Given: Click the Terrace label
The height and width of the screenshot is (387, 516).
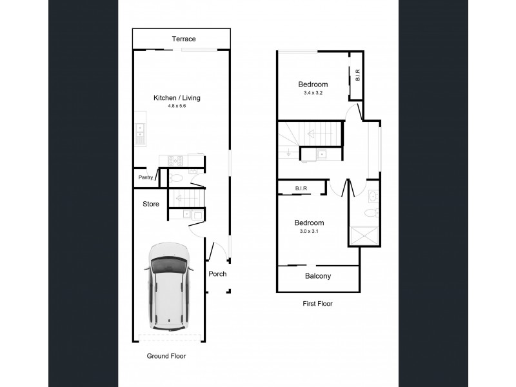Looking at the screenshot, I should click(183, 39).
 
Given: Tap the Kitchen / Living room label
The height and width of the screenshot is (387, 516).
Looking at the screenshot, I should click(177, 98).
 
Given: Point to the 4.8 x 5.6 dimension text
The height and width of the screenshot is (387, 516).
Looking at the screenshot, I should click(177, 107).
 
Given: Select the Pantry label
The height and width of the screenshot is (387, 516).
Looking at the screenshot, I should click(144, 178).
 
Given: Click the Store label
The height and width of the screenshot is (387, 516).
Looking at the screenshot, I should click(151, 204).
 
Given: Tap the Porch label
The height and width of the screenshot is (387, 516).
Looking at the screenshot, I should click(217, 274).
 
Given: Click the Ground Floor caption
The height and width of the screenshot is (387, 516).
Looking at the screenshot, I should click(166, 355).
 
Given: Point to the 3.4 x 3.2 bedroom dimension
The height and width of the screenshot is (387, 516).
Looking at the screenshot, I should click(313, 94).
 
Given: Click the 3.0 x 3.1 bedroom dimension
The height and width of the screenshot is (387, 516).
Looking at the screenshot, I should click(309, 232).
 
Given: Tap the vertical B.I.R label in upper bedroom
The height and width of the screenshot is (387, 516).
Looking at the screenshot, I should click(357, 76).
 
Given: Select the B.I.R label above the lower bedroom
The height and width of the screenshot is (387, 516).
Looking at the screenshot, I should click(301, 188).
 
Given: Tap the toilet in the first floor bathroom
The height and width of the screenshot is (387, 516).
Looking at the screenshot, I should click(370, 213).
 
